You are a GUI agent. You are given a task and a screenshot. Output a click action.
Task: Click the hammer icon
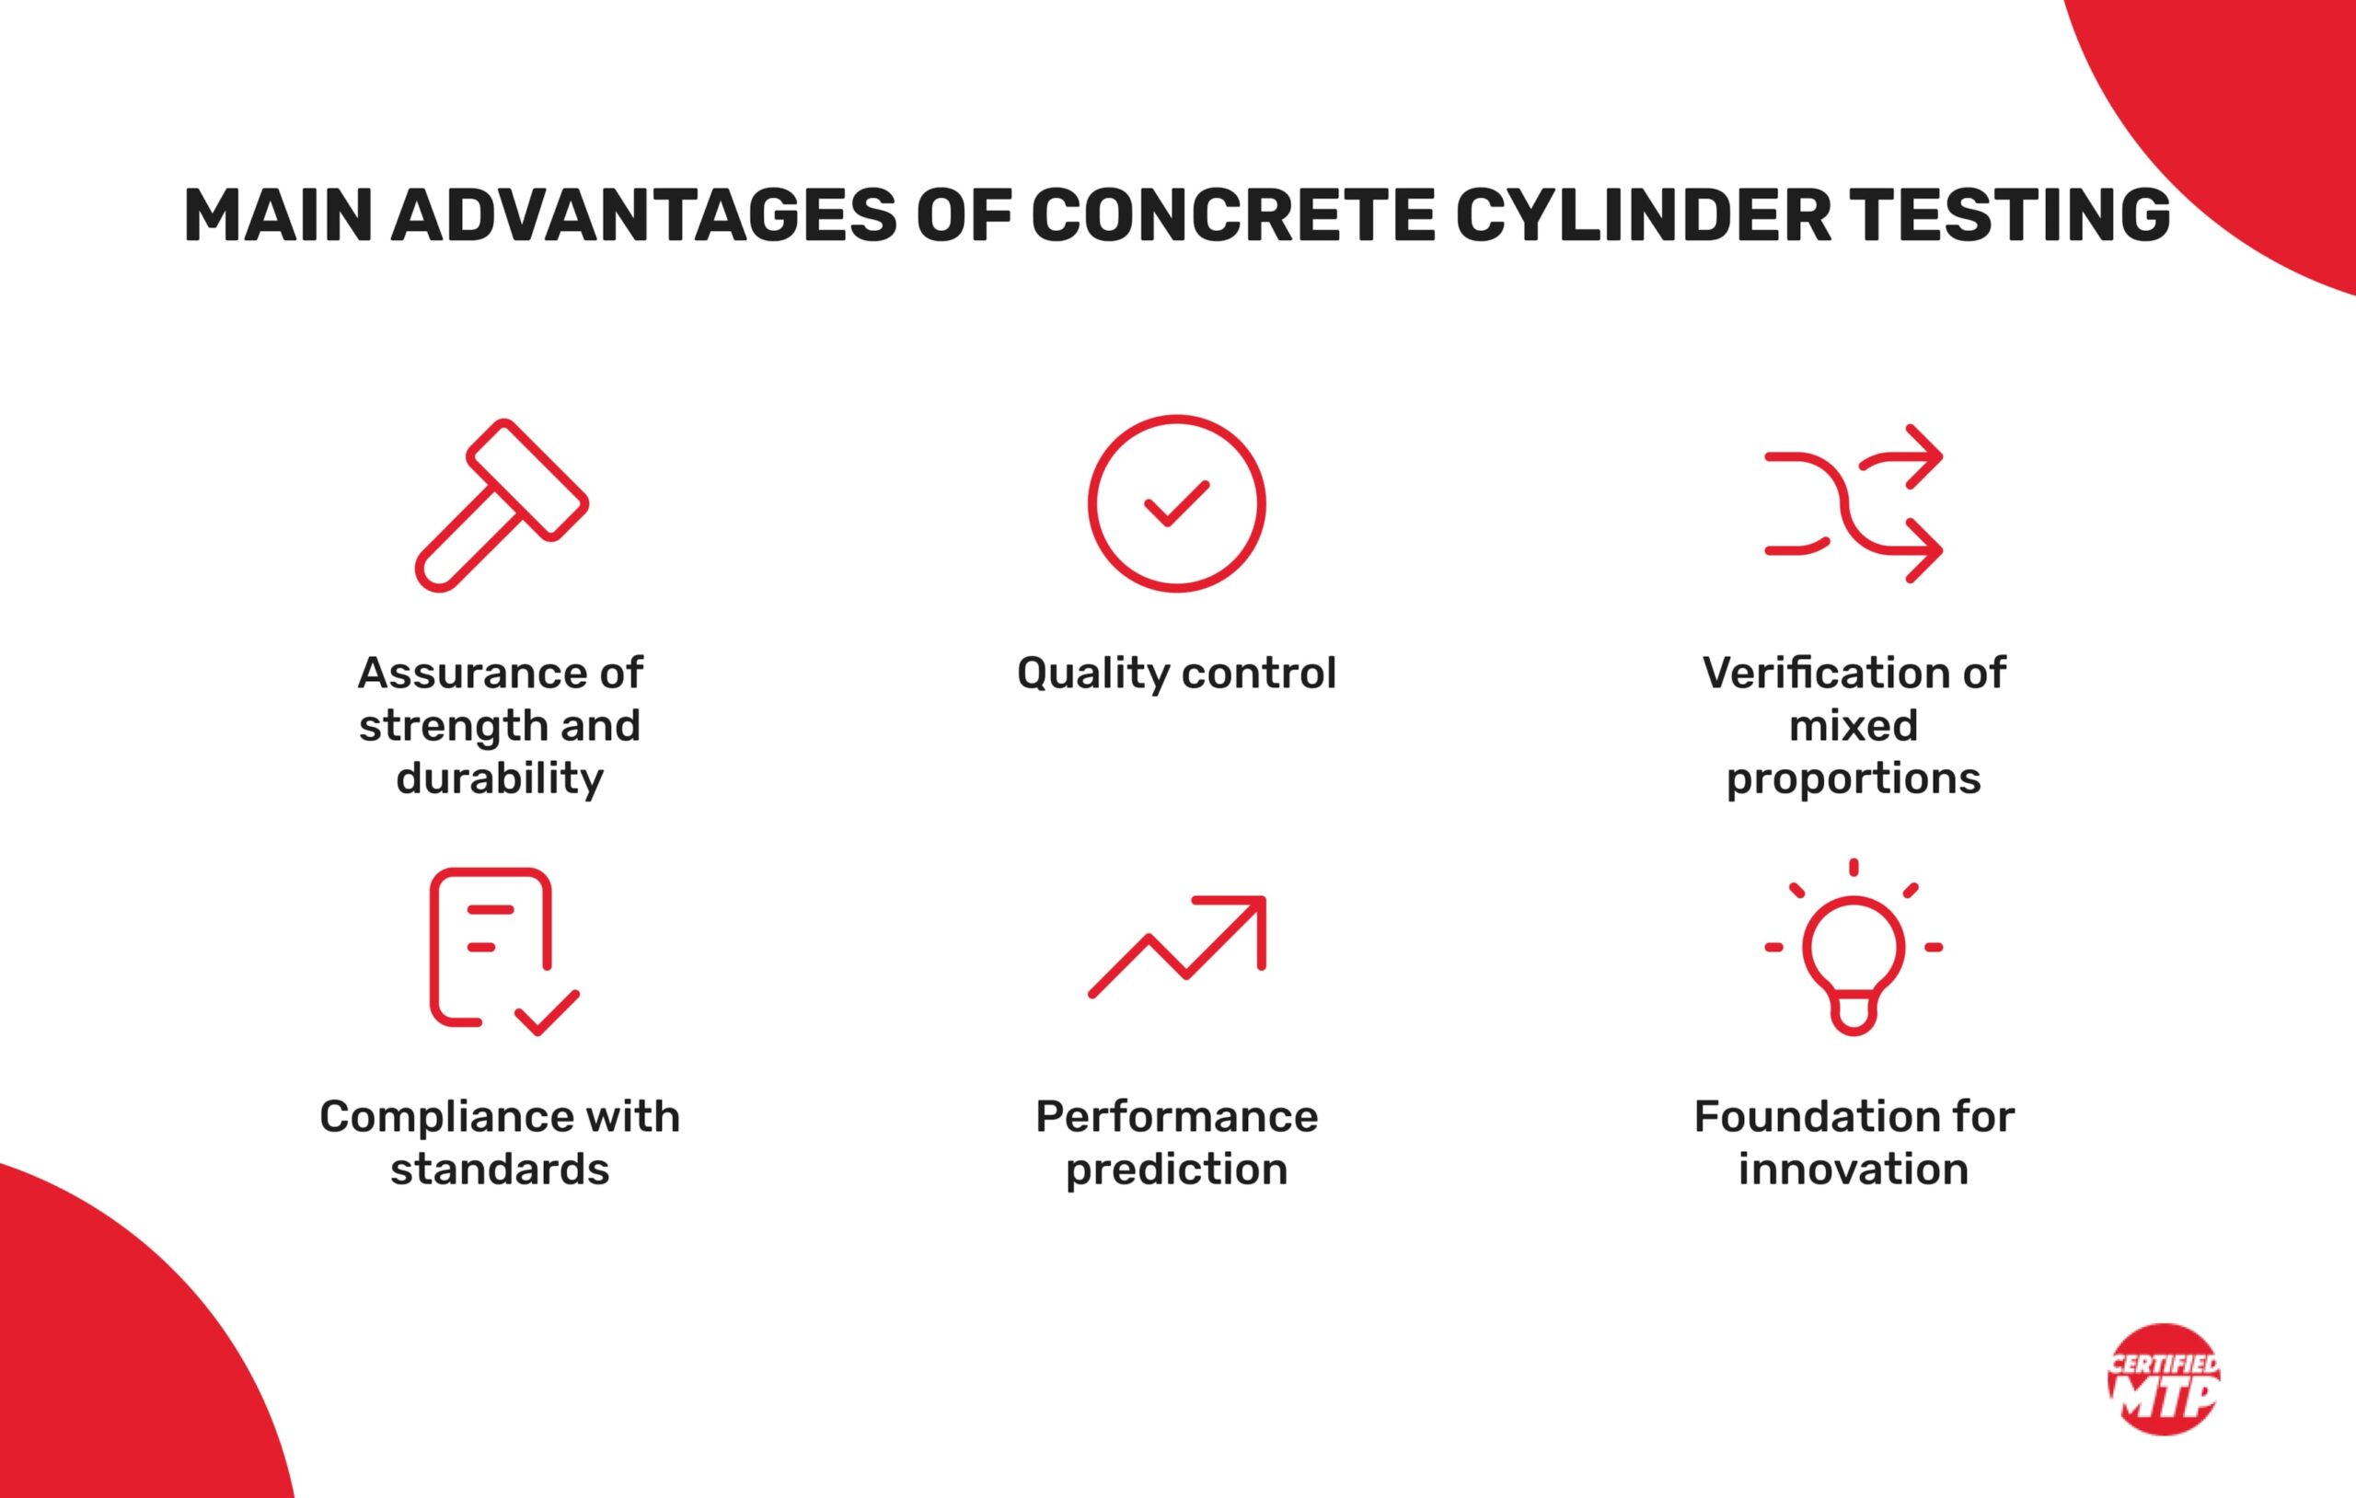(x=501, y=505)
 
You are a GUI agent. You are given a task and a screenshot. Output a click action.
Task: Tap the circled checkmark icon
(x=1176, y=504)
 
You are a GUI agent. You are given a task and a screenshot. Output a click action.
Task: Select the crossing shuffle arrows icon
(x=1854, y=504)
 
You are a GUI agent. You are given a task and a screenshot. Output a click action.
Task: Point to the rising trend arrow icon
(x=1177, y=946)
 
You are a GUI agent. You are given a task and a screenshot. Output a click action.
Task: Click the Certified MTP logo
(x=2164, y=1379)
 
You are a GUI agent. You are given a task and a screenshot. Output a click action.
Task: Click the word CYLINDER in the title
(x=1643, y=215)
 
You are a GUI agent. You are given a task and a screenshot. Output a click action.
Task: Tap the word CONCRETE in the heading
(x=1233, y=215)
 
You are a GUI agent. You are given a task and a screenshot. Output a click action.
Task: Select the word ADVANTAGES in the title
(x=644, y=215)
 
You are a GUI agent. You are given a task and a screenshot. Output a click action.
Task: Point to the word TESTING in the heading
(x=2011, y=215)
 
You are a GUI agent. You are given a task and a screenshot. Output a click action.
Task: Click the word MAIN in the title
(x=278, y=215)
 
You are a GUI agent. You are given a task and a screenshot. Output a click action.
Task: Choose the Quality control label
(x=1176, y=674)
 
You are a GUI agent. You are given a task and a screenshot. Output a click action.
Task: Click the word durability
(x=500, y=778)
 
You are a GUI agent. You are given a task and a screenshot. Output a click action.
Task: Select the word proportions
(x=1854, y=778)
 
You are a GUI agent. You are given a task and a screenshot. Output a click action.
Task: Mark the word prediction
(x=1176, y=1170)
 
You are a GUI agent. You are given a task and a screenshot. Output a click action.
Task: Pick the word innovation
(x=1854, y=1170)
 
